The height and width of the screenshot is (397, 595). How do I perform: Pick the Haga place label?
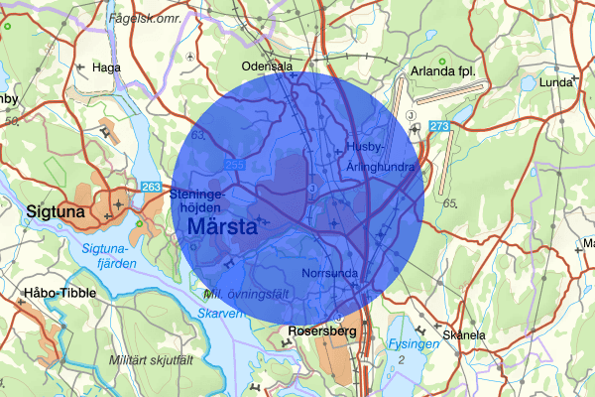click(105, 67)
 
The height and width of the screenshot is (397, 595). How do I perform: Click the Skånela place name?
click(464, 335)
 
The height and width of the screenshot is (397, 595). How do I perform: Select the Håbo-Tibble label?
click(52, 294)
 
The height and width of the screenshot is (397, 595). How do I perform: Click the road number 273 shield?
click(440, 125)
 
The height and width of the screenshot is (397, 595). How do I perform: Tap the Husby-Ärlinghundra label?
click(380, 157)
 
